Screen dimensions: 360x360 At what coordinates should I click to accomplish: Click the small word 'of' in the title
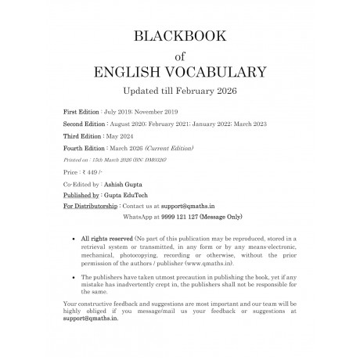[x=180, y=56]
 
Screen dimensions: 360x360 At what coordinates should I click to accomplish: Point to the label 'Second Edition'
[x=86, y=124]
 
